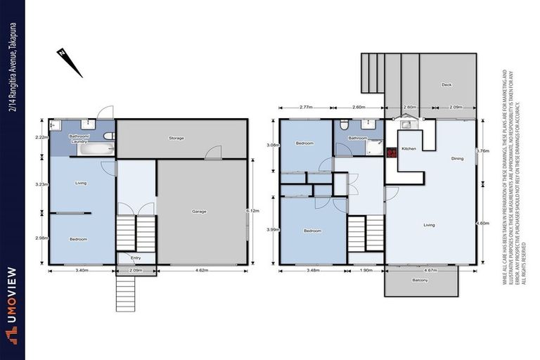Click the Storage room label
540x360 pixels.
[176, 139]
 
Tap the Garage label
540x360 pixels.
[199, 211]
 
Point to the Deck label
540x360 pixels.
[446, 85]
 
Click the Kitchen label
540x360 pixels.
[409, 150]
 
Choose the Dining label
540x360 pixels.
[457, 159]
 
